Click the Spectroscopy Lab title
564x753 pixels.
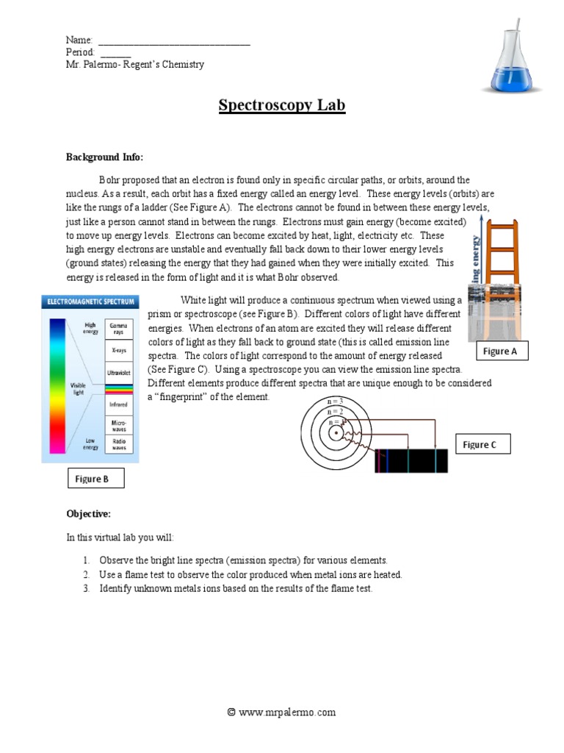point(282,105)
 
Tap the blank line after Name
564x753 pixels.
point(174,41)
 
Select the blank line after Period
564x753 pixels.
point(115,53)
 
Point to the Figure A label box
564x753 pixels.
point(500,351)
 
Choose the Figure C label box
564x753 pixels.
point(480,445)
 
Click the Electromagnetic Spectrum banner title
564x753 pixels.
point(90,301)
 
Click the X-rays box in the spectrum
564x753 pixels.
point(118,351)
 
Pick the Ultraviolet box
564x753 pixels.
point(118,373)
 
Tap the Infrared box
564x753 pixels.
point(118,404)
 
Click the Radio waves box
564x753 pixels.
point(118,443)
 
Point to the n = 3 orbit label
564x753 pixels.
point(335,402)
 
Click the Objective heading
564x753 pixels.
point(89,513)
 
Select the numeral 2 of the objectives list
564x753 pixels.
point(86,574)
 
